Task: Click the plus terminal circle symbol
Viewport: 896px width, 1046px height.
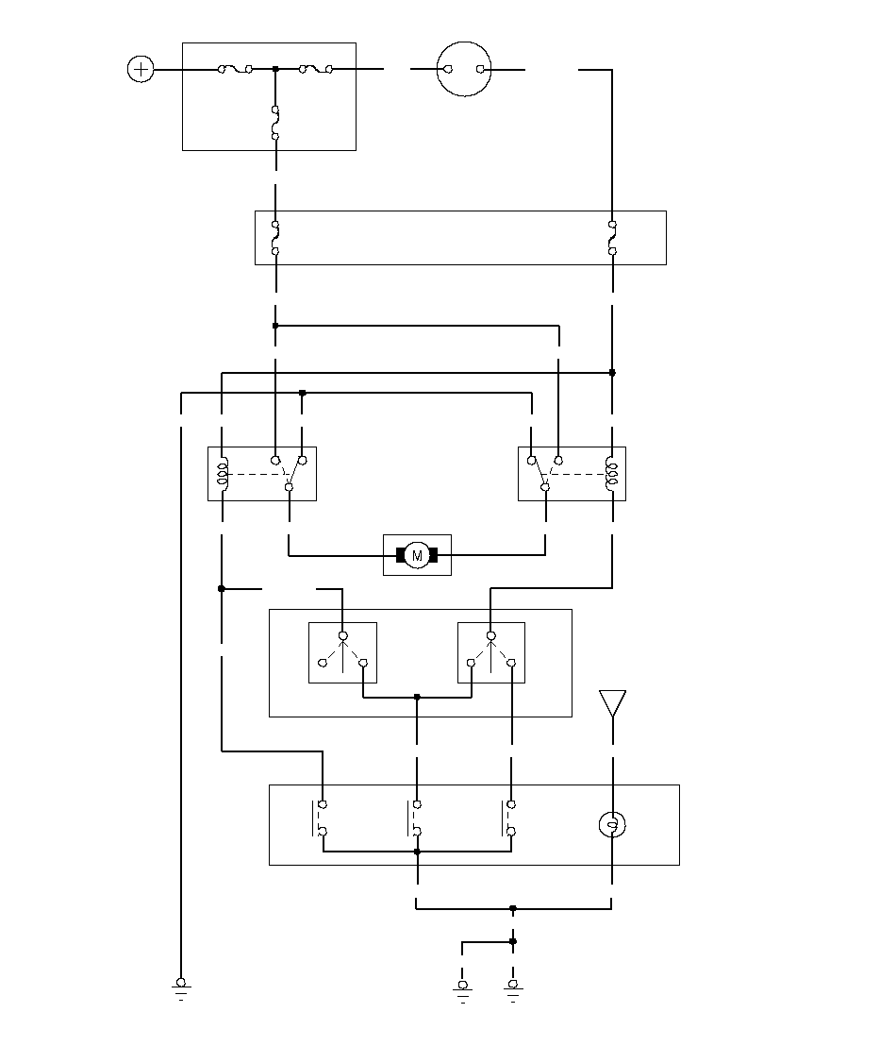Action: tap(141, 69)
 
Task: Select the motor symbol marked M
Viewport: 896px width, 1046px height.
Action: tap(417, 555)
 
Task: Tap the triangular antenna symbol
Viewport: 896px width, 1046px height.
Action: tap(612, 703)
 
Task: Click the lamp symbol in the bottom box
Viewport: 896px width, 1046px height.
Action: tap(612, 826)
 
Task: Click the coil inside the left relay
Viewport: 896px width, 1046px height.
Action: tap(223, 474)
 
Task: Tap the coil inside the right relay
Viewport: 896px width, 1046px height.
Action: tap(612, 474)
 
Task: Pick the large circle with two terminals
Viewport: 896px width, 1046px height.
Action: tap(465, 69)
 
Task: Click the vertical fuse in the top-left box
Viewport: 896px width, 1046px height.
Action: tap(275, 123)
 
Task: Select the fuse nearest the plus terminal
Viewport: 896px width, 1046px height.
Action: tap(235, 69)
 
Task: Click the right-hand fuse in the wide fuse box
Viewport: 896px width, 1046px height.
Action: tap(612, 238)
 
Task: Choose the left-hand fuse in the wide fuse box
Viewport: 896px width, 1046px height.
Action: tap(275, 238)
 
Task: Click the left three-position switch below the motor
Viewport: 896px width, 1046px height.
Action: tap(342, 651)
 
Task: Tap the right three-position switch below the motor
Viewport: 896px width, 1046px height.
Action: tap(490, 651)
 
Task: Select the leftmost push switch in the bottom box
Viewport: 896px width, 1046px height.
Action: tap(320, 818)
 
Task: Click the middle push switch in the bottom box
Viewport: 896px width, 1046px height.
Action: tap(415, 818)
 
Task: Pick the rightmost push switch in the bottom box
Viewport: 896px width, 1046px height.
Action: tap(509, 818)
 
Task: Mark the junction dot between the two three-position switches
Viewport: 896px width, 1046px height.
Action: tap(417, 698)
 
